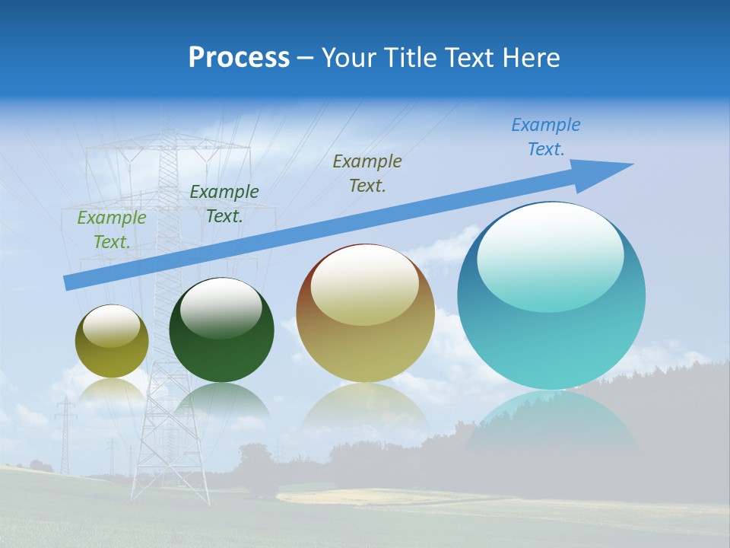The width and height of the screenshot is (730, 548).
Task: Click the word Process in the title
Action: (x=239, y=57)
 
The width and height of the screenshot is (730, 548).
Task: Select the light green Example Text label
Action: (x=112, y=230)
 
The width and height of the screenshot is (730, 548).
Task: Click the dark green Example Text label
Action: (x=224, y=204)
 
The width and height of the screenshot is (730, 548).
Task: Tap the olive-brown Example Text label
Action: (x=367, y=173)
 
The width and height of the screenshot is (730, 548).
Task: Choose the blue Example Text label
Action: (x=546, y=137)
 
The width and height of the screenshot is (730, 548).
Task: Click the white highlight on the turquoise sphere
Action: (x=550, y=255)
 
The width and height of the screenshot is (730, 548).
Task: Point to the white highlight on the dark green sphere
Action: (x=221, y=307)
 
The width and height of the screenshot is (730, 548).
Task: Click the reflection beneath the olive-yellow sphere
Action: (x=112, y=392)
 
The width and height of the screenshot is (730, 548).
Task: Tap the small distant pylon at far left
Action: (x=65, y=434)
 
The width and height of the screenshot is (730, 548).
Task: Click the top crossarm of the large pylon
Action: (x=167, y=145)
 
